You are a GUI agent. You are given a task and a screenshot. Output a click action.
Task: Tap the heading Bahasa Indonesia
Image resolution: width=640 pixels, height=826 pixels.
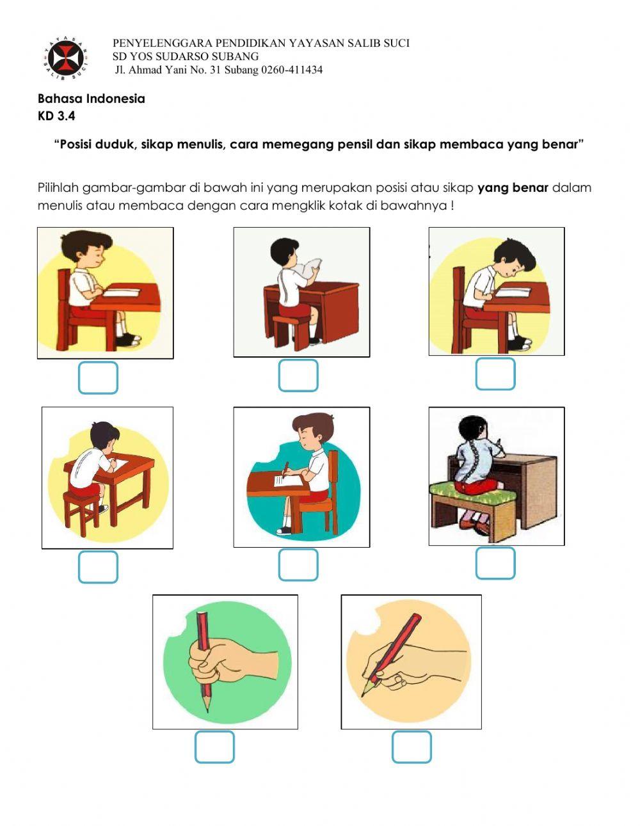pos(91,99)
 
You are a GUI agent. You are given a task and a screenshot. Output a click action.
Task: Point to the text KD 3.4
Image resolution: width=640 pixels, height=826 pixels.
pos(56,116)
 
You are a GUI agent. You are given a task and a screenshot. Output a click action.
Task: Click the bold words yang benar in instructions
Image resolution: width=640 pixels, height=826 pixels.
pos(513,188)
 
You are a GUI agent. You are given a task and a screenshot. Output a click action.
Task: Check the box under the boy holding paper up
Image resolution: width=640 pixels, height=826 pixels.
pos(298,376)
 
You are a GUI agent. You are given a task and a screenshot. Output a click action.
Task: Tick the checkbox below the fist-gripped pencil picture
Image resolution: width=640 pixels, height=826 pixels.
pos(214,747)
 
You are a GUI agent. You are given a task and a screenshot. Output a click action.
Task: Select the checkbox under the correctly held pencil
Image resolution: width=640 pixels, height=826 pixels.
pos(412,747)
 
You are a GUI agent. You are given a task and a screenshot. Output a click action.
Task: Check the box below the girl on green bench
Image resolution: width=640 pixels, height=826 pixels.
pos(495,563)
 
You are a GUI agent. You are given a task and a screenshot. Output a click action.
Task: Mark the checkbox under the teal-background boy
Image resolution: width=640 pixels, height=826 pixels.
pos(298,564)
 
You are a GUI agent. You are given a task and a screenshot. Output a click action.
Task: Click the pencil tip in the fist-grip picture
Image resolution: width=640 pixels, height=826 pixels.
pos(207,708)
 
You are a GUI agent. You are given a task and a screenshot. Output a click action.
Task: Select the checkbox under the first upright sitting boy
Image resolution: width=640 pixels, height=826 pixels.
pos(98,377)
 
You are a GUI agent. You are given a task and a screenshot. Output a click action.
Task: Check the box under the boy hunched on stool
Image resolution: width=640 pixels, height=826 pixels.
pos(98,567)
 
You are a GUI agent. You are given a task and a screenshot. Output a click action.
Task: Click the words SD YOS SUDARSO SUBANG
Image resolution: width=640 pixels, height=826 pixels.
pos(186,56)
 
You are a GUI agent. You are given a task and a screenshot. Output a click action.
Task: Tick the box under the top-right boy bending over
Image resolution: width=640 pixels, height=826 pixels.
pos(495,374)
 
